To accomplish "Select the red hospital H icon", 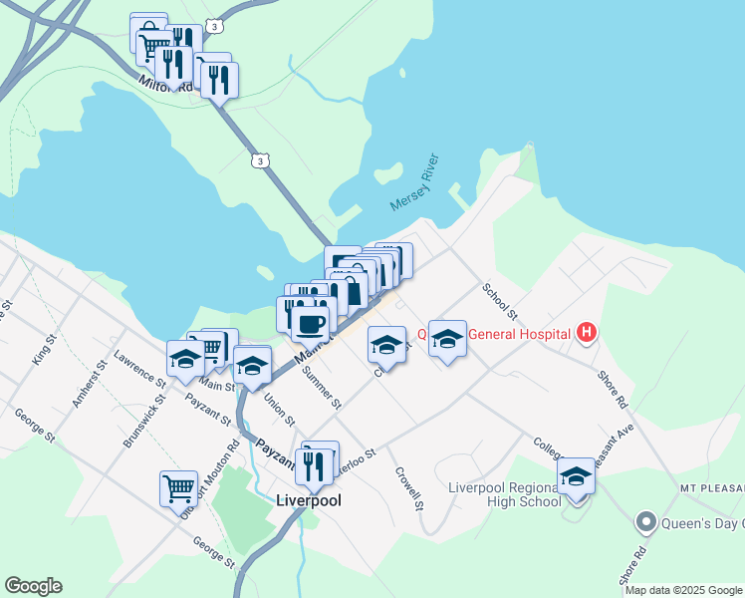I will tap(587, 333).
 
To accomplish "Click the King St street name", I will tap(42, 350).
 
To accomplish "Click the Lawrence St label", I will tap(138, 368).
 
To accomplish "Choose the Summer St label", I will tap(321, 389).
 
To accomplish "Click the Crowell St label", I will tap(409, 490).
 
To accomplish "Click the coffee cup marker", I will tap(310, 324).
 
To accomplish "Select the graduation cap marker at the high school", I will tap(576, 476).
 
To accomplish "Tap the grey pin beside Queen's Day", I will tap(645, 521).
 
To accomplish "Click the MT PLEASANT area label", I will tap(712, 488).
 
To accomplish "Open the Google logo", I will tap(33, 586).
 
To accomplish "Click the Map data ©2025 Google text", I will tap(683, 590).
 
